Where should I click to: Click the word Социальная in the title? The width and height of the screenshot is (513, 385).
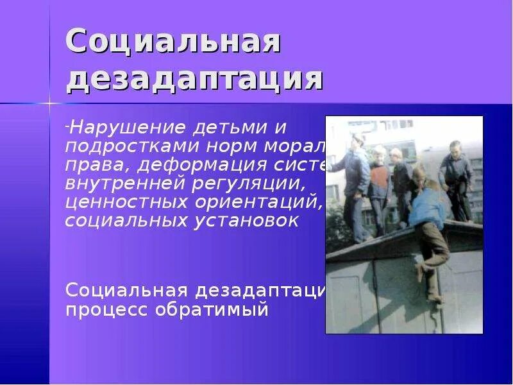pos(173,43)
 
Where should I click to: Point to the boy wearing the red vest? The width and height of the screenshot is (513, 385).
pos(380,180)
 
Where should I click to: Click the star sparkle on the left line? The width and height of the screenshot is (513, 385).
pos(49,103)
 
